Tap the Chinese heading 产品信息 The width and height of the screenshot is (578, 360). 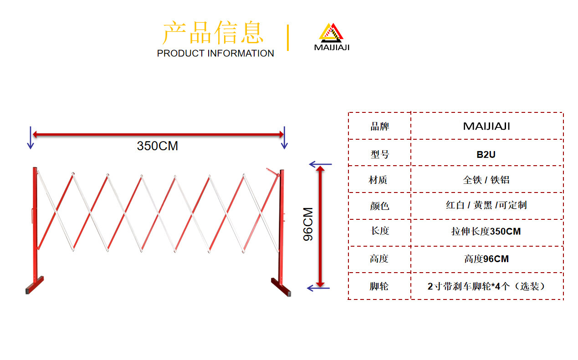[x=213, y=33]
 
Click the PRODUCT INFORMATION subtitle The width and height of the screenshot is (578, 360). [x=215, y=53]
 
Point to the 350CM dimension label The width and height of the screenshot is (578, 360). [x=157, y=146]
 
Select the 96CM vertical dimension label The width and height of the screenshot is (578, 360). [x=308, y=224]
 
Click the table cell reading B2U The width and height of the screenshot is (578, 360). [x=486, y=155]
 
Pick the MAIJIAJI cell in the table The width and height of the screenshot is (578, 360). [x=486, y=127]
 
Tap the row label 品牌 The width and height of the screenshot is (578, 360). [x=380, y=127]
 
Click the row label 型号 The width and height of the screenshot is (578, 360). [x=380, y=155]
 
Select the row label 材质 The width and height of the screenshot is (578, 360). [x=378, y=180]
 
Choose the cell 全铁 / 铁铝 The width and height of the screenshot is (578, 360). [x=486, y=180]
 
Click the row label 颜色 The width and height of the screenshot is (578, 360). [x=380, y=206]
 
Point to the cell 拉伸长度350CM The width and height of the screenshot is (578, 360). [x=486, y=231]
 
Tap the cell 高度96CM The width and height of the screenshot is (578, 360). [x=486, y=259]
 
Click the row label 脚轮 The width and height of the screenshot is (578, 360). [x=379, y=286]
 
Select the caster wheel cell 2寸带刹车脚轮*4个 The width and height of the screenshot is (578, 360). [x=486, y=286]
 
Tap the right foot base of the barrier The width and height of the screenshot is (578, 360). [x=281, y=287]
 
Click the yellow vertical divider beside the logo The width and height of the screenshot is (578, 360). [x=288, y=37]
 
